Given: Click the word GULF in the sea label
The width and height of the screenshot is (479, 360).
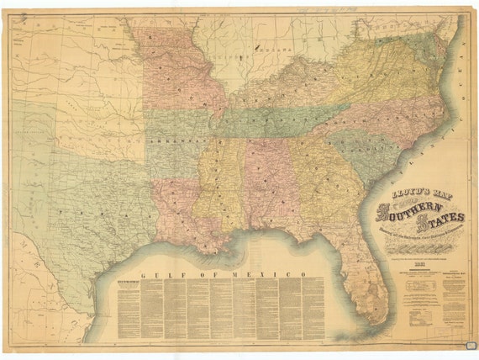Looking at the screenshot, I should tap(157, 276).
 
